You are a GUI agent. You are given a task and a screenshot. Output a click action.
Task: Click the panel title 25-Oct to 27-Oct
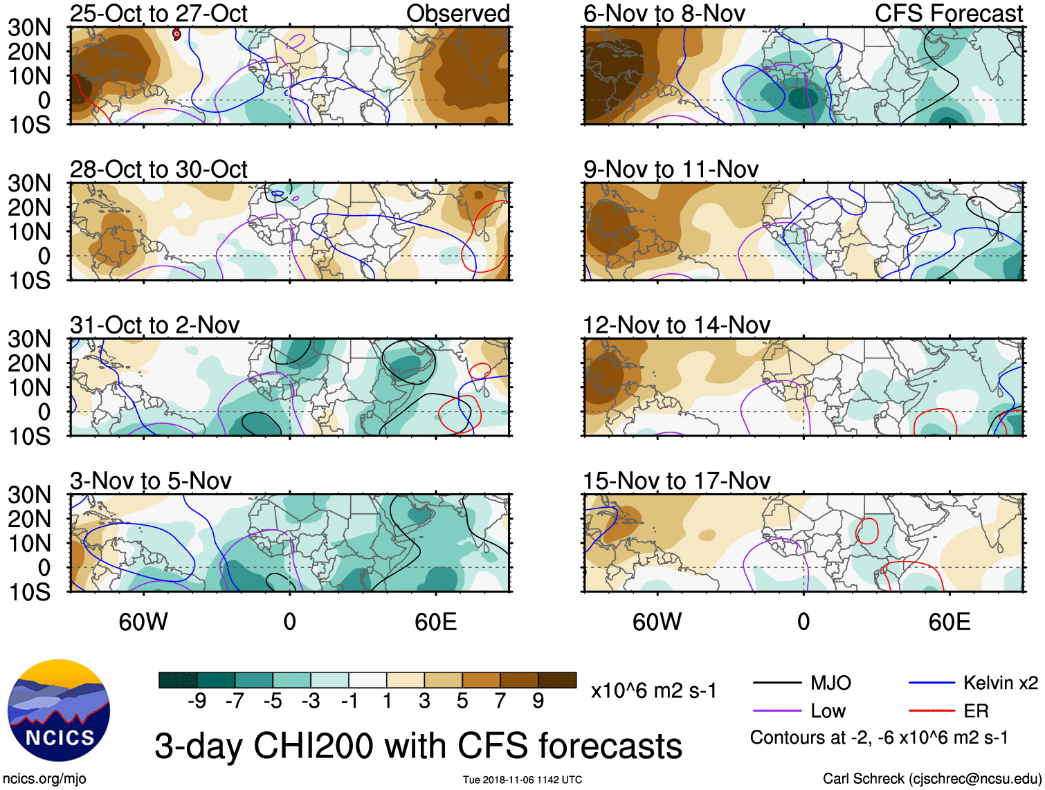pos(158,14)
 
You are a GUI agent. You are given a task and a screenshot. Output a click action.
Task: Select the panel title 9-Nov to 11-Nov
pos(671,169)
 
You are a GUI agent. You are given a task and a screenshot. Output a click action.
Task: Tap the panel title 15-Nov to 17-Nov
pos(676,481)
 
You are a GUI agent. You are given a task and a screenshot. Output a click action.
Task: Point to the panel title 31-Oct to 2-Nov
pos(154,325)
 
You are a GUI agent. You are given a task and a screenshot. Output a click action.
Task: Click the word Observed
pos(457,14)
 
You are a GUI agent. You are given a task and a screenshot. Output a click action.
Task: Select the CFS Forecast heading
pos(949,14)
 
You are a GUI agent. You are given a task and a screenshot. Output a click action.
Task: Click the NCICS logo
pos(59,710)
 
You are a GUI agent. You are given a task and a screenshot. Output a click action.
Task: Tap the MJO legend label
pos(830,683)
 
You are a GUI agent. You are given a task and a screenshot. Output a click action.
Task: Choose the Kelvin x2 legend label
pos(1000,683)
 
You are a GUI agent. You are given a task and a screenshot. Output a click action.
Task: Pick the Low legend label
pos(828,711)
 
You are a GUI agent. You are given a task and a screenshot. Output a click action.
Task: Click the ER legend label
pos(976,711)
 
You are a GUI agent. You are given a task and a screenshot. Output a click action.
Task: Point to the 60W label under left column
pos(143,622)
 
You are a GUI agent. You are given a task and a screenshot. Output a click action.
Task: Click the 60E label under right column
pos(949,622)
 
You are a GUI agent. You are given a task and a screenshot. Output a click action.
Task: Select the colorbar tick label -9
pos(197,701)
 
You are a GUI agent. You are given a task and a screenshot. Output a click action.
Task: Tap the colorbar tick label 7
pos(500,701)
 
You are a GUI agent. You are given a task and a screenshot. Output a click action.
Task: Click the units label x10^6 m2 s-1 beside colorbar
pos(653,690)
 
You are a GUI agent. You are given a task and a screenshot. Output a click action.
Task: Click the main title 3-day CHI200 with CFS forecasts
pos(418,746)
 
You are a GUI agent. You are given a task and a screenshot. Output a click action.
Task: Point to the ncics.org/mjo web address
pos(44,779)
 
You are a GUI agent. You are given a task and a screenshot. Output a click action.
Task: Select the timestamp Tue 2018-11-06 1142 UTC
pos(522,780)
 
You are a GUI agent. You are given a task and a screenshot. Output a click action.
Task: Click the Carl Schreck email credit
pos(932,779)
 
